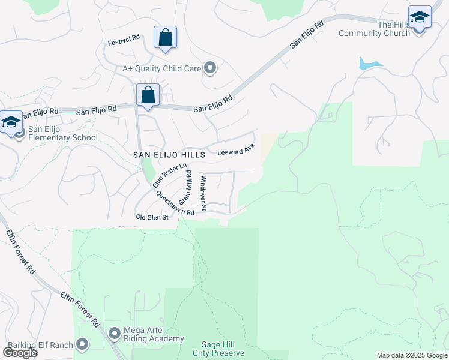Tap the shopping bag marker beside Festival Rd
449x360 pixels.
pos(165,37)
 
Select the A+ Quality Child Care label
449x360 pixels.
pos(161,69)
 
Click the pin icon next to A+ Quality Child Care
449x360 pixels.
pos(210,68)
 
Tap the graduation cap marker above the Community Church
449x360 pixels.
pos(420,17)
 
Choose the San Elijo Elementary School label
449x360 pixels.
pos(59,133)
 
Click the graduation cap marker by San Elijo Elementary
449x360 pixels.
pos(11,122)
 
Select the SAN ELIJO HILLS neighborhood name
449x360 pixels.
pos(169,155)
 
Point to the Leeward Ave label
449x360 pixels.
pos(236,151)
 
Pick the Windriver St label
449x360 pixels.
pos(204,193)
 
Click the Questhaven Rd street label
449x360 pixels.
pos(175,203)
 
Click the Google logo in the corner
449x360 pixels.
pos(20,353)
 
